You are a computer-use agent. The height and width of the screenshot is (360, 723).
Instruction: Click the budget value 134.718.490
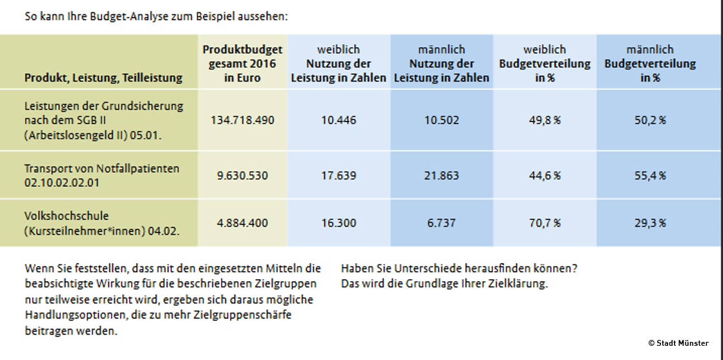tap(243, 120)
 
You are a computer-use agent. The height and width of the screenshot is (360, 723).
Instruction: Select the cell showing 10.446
tap(339, 120)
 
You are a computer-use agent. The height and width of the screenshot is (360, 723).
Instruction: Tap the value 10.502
tap(442, 120)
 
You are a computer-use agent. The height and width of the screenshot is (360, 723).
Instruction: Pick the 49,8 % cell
tap(544, 120)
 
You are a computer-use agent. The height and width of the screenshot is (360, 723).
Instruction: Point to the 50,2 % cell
tap(649, 120)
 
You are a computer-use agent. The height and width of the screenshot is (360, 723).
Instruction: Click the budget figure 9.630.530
tap(243, 175)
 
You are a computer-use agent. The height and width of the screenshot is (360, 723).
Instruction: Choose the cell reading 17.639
tap(339, 175)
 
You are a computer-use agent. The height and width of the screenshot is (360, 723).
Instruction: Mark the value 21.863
tap(442, 175)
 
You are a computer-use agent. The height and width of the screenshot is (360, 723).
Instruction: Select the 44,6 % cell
tap(544, 175)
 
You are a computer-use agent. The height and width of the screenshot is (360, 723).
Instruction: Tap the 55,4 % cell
tap(649, 175)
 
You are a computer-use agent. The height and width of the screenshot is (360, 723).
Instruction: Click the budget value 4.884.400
tap(243, 223)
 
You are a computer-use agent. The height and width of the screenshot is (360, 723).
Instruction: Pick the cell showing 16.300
tap(339, 223)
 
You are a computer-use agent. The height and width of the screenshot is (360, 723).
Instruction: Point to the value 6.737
tap(442, 223)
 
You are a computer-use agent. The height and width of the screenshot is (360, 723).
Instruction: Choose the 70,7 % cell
tap(544, 223)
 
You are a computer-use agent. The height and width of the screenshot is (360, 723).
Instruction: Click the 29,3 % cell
tap(649, 223)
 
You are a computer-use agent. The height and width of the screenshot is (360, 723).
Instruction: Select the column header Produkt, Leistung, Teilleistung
tap(103, 78)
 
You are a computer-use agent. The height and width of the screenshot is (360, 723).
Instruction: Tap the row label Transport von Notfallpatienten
tap(101, 169)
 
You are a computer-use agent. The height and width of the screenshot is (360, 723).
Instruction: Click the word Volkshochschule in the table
tap(66, 217)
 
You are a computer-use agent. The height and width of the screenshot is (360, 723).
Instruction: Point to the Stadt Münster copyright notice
tap(678, 343)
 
